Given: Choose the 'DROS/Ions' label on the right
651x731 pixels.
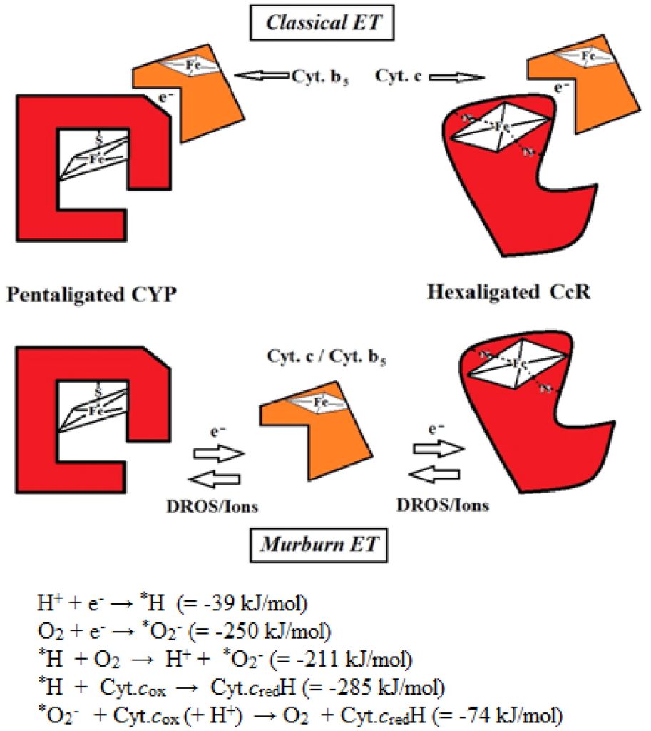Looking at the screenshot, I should [x=442, y=505].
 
